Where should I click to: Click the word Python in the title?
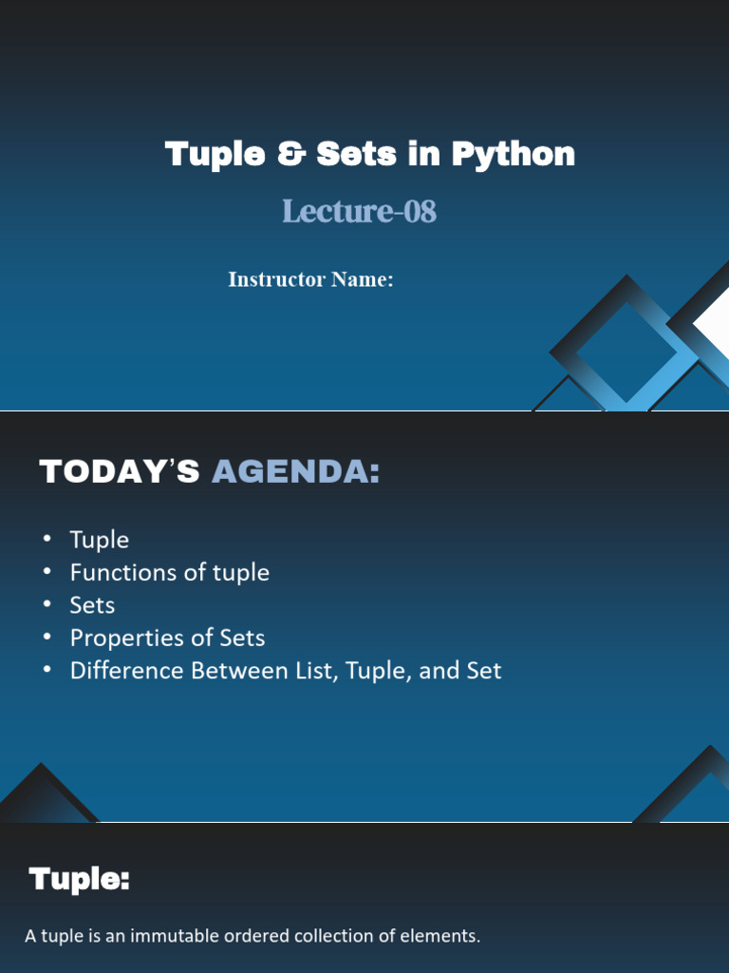(514, 155)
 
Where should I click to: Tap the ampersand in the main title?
(290, 154)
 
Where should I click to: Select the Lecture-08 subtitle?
(360, 211)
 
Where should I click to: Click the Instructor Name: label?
(310, 279)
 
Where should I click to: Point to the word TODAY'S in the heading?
(120, 471)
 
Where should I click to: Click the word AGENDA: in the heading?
(296, 471)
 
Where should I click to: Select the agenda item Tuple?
(99, 540)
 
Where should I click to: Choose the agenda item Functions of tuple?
(169, 572)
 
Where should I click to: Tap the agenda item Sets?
(92, 605)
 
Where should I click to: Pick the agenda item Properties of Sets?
(167, 638)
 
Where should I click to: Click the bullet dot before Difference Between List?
(47, 670)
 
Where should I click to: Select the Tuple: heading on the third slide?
(80, 879)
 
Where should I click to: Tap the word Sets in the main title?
(357, 154)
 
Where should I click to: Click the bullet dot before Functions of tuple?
(47, 571)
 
